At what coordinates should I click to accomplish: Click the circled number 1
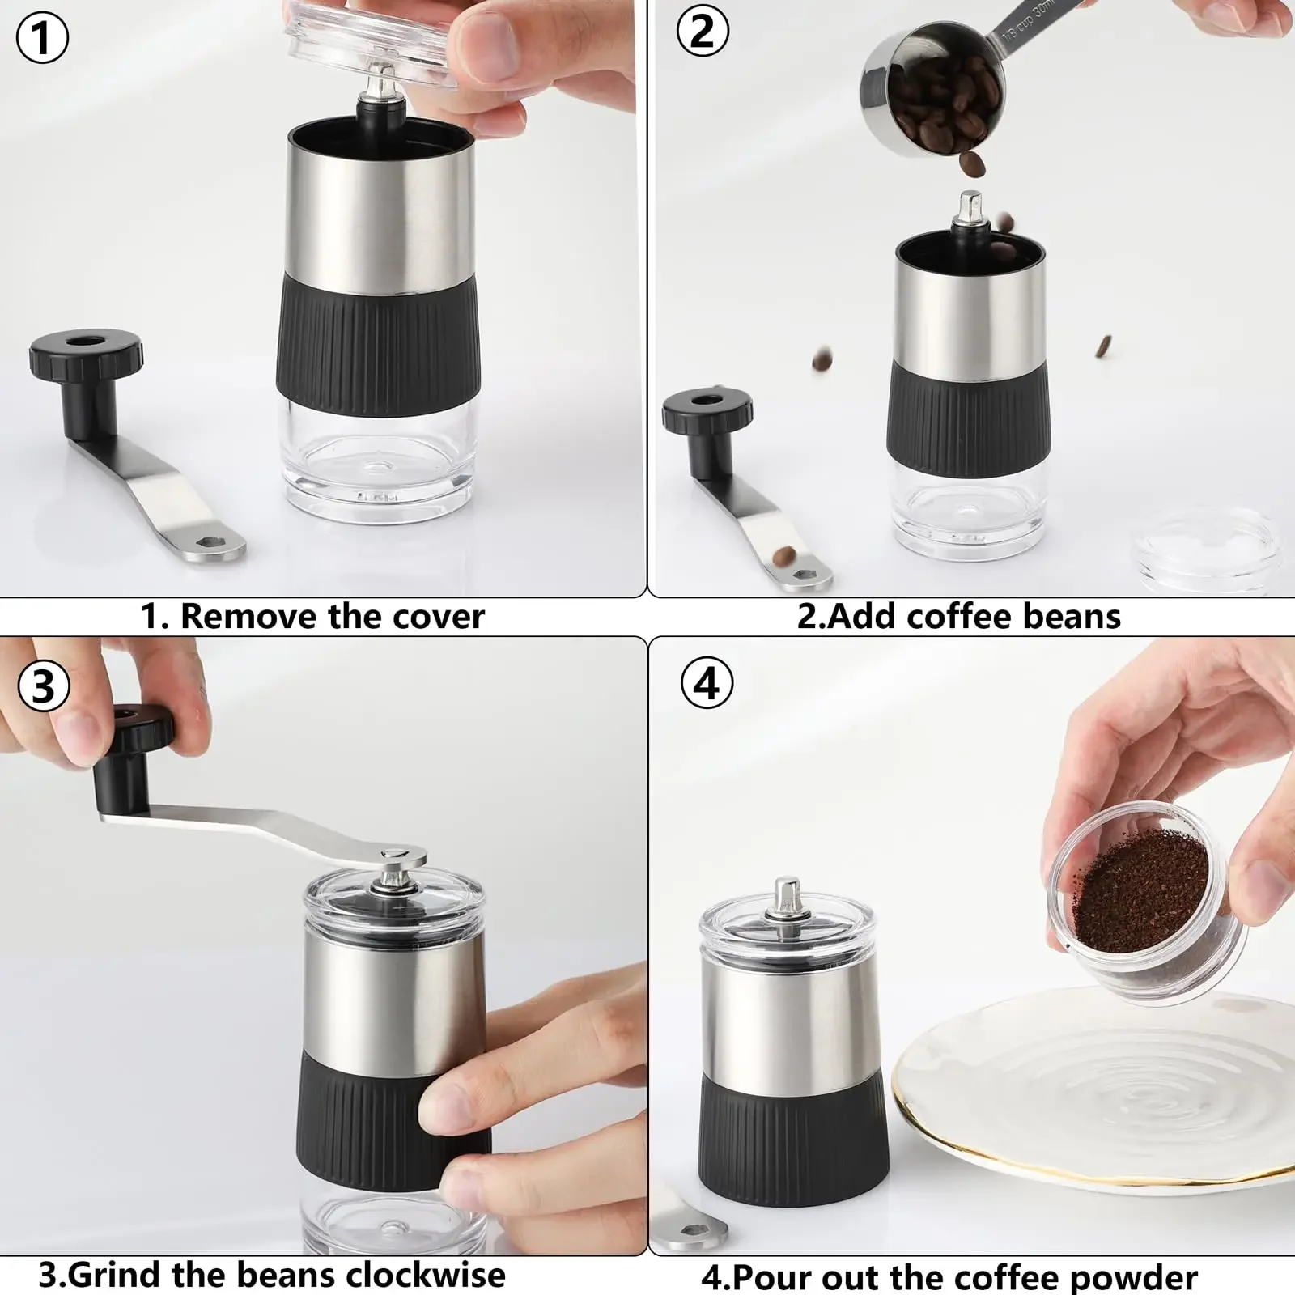click(42, 37)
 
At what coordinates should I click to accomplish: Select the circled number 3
click(42, 686)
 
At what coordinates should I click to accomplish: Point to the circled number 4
click(707, 683)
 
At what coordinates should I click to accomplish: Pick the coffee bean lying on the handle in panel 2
click(783, 556)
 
